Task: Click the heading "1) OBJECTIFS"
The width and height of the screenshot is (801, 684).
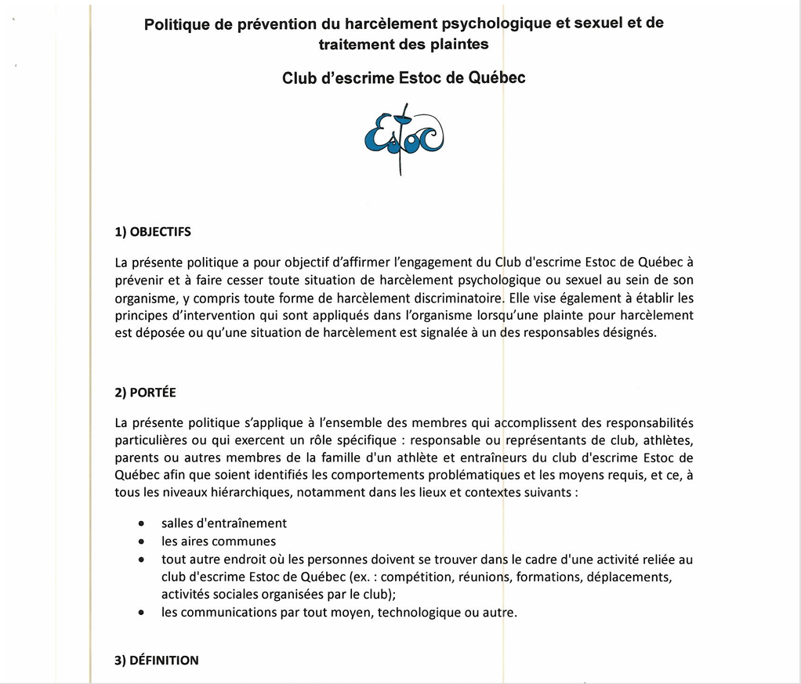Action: (153, 232)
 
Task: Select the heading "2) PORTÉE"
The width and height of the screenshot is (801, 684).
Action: (145, 393)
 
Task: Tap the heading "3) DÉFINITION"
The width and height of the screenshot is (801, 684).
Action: (157, 660)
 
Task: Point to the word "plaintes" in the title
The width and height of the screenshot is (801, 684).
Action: (460, 44)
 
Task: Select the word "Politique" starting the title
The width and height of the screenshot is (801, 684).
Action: (177, 24)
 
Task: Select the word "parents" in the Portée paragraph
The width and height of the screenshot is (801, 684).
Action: (136, 458)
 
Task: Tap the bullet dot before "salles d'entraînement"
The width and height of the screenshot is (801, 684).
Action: (141, 523)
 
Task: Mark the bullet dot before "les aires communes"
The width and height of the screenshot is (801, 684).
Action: (141, 541)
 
